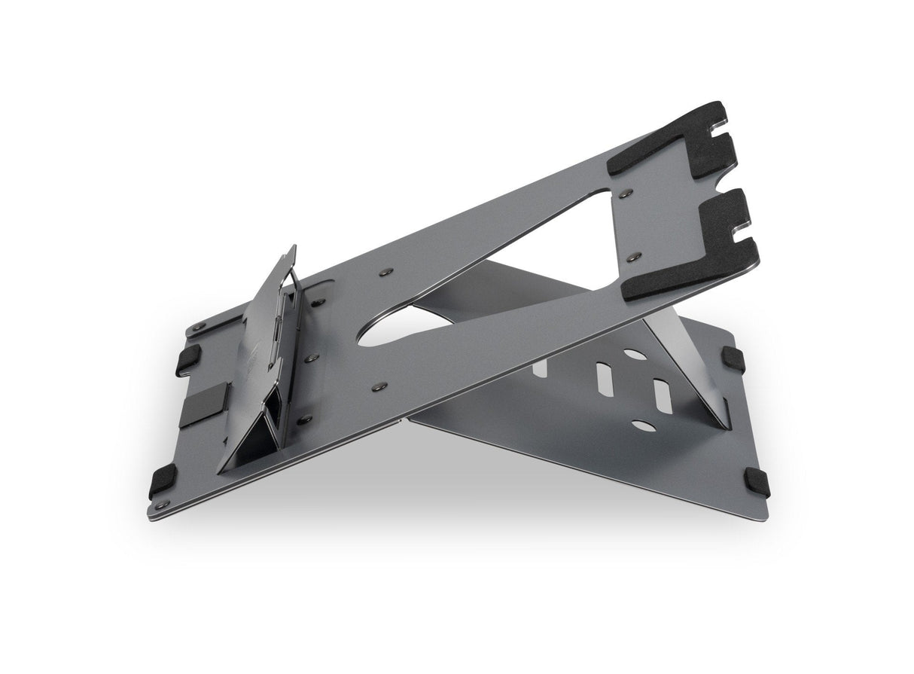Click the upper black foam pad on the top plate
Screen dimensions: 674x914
678,143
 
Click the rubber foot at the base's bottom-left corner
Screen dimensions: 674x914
163,480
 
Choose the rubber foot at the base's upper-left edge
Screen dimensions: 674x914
187,360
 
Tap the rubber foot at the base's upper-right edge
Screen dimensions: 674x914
733,359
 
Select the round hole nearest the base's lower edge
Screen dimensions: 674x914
644,426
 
